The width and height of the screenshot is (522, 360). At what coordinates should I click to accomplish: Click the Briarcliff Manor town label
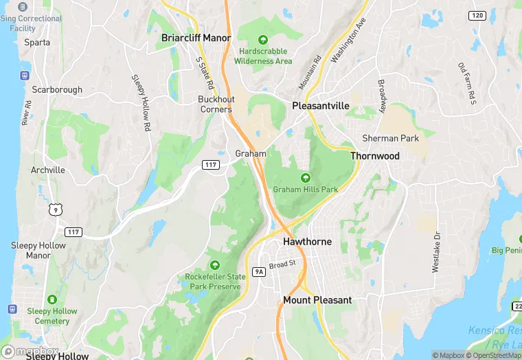tap(196, 38)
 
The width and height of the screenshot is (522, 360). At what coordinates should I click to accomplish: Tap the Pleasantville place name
tap(321, 106)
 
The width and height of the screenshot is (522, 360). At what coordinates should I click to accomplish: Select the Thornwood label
tap(375, 156)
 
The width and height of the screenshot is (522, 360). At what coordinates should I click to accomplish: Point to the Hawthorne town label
tap(308, 242)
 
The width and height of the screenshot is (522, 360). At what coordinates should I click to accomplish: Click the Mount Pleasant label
tap(317, 300)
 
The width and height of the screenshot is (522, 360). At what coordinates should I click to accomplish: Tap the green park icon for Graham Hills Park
tap(306, 178)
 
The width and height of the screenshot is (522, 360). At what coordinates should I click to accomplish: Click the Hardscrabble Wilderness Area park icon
tap(264, 39)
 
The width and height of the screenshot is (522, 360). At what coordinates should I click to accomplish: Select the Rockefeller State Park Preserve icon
tap(214, 265)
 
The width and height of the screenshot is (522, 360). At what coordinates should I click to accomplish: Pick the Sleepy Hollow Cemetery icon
tap(52, 300)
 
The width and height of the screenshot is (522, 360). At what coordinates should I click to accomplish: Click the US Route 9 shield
tap(54, 207)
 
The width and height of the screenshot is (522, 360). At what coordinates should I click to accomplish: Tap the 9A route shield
tap(259, 272)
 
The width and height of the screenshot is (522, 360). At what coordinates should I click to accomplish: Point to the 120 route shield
tap(477, 15)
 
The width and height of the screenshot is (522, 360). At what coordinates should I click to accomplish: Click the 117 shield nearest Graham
tap(211, 165)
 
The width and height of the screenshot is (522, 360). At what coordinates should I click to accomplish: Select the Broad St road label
tap(282, 264)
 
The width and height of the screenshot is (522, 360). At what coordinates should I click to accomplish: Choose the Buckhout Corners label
tap(216, 104)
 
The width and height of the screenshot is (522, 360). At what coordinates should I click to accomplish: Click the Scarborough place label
tap(57, 90)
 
